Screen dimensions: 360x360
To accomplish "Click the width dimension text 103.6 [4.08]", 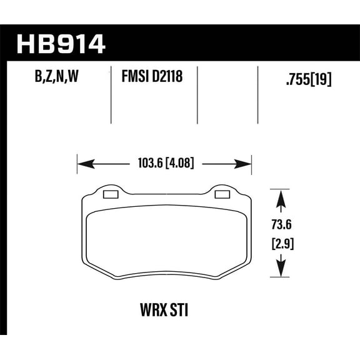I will coord(164,164).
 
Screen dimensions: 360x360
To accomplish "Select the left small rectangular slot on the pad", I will coord(110,195).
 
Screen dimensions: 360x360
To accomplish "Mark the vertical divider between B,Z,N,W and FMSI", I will coord(110,94).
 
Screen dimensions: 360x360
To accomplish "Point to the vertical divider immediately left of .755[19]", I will coord(258,94).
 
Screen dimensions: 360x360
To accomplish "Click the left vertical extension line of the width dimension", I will coord(77,166).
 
